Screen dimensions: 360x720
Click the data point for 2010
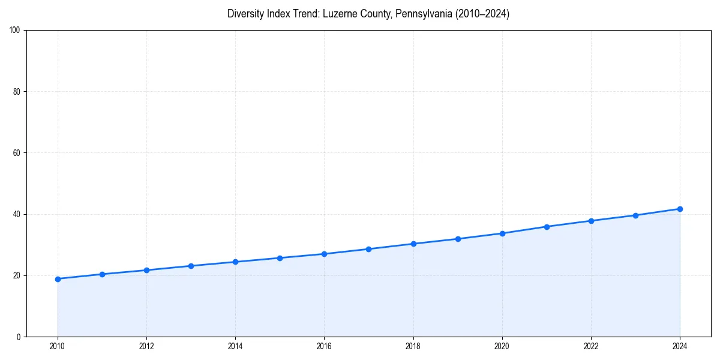58,279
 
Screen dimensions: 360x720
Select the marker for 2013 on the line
191,266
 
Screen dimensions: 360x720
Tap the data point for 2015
280,258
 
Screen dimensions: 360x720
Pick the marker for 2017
368,249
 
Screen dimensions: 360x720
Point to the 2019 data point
458,239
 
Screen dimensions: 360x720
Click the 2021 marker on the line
547,227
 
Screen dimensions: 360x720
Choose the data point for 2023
635,215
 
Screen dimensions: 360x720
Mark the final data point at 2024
680,209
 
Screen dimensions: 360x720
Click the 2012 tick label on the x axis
146,346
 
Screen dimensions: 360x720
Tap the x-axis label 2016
324,346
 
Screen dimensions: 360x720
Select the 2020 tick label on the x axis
502,346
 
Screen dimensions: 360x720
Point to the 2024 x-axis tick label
680,346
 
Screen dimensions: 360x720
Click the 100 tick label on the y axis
16,31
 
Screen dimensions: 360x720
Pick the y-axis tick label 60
17,153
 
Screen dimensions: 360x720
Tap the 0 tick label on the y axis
19,337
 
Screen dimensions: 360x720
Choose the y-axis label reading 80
17,92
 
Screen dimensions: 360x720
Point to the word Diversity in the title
246,14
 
